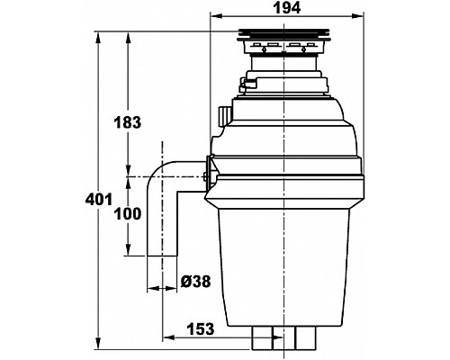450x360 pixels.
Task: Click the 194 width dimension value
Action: click(x=287, y=8)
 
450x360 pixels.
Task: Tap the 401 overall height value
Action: click(x=99, y=199)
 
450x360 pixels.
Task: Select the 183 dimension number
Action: click(x=127, y=122)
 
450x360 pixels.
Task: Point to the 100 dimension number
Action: click(x=127, y=214)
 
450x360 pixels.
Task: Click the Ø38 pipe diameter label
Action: click(x=196, y=282)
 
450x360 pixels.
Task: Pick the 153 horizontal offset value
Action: click(x=201, y=329)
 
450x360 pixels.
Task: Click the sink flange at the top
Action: click(x=284, y=35)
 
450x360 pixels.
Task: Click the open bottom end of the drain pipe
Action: click(x=162, y=256)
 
